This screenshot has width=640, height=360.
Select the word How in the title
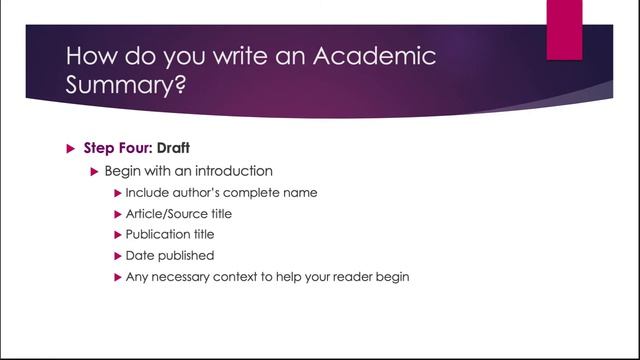point(92,55)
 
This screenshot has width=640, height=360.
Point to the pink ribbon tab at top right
point(564,28)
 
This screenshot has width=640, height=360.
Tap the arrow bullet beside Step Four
point(70,149)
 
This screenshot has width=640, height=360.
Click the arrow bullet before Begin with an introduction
point(95,171)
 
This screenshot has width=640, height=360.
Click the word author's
point(202,192)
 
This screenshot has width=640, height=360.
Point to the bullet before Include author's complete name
point(118,192)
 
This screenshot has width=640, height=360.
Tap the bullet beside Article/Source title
point(118,213)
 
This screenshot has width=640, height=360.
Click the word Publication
point(158,234)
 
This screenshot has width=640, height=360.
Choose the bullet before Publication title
point(118,234)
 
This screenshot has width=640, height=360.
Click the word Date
point(140,255)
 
